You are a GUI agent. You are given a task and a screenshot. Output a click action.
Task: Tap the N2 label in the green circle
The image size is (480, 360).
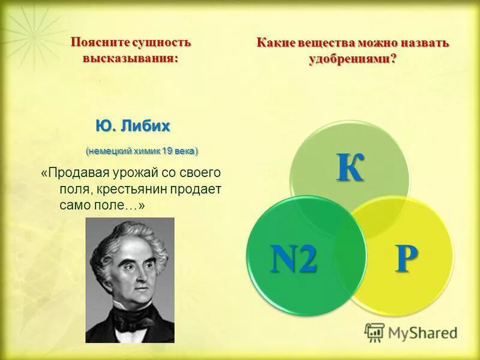click(293, 260)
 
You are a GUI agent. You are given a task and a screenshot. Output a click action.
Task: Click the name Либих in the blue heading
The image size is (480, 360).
click(146, 127)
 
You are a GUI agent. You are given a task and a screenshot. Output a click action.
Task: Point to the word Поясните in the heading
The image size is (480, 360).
click(97, 43)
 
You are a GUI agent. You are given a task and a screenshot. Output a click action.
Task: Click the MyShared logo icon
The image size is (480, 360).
click(374, 332)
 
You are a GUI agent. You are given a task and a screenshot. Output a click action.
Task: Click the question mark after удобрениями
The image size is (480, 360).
click(394, 60)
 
